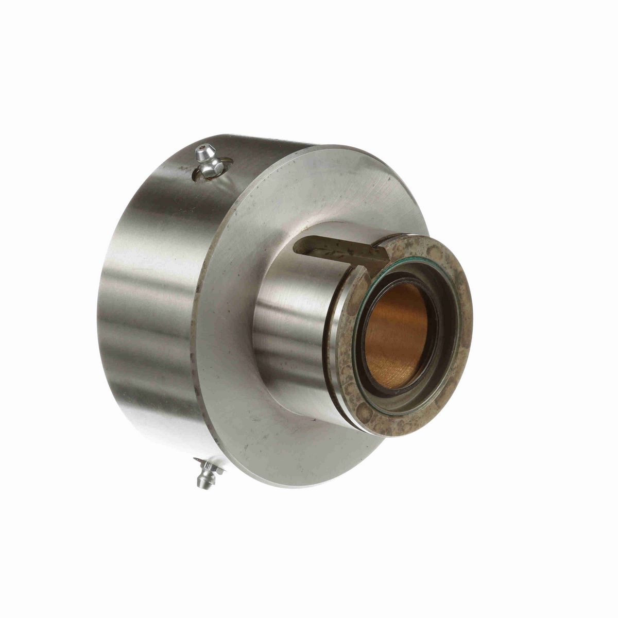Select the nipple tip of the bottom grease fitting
click(202, 483)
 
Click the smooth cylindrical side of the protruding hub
click(288, 335)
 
